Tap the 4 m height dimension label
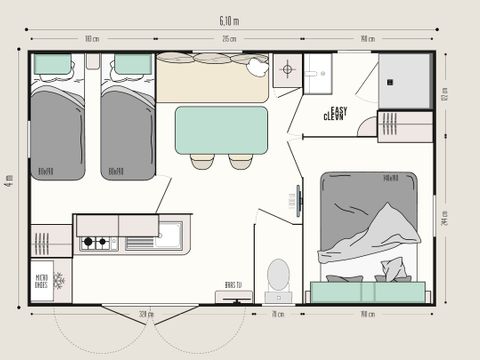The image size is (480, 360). point(8,181)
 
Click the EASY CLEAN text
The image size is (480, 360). point(334,114)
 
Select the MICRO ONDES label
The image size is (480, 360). point(43,280)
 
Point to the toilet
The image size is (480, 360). point(280,274)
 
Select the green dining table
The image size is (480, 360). point(221,130)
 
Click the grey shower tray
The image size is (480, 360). point(404,80)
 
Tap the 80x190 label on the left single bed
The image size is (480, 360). point(45,172)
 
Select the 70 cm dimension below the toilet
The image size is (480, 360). point(276,315)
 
